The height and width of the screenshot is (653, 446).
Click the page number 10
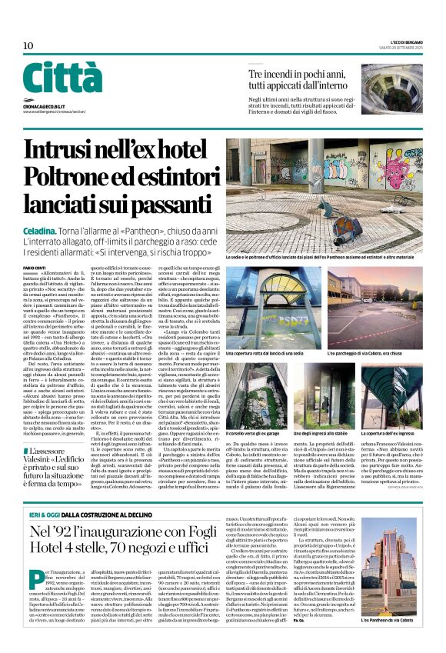[x=28, y=45]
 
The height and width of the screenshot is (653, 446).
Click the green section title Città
[x=62, y=77]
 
